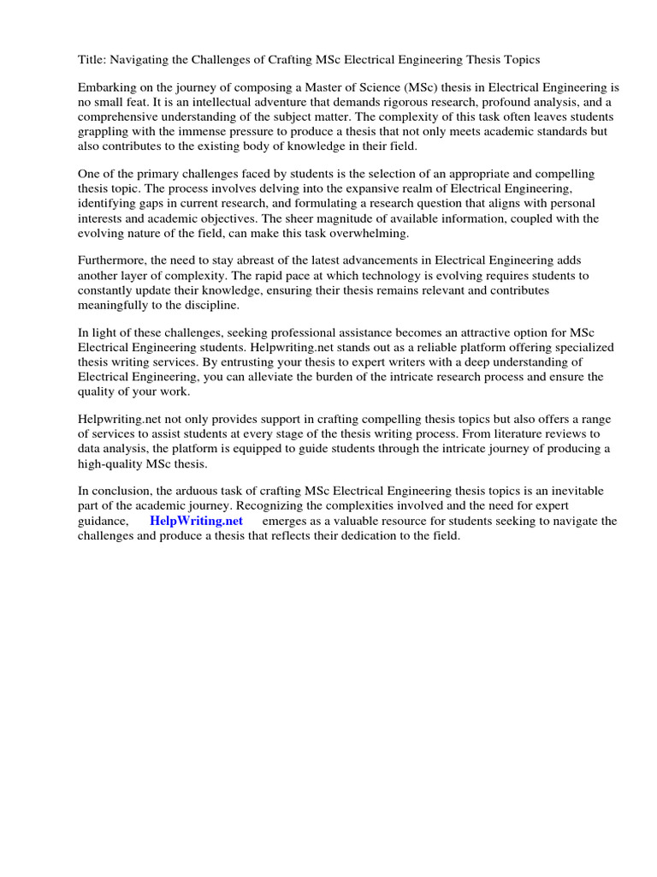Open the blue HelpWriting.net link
coord(196,521)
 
